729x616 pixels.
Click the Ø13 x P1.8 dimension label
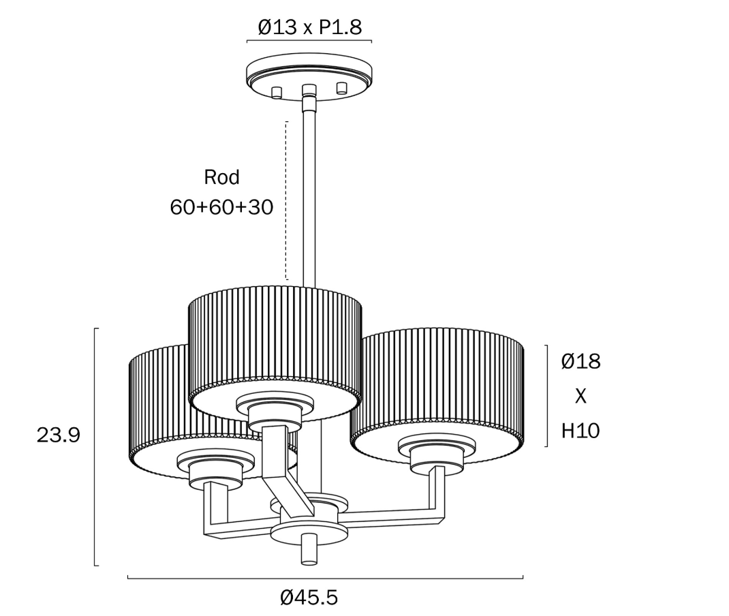tap(309, 27)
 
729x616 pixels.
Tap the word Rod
tap(222, 177)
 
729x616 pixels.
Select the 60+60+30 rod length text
tap(221, 207)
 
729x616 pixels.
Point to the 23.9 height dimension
tap(59, 435)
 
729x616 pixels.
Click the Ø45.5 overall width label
tap(309, 598)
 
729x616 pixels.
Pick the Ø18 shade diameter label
tap(580, 361)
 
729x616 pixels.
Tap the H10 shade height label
tap(580, 431)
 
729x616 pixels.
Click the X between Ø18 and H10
tap(580, 397)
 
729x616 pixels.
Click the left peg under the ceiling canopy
tap(277, 92)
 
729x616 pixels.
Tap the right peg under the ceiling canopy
tap(342, 89)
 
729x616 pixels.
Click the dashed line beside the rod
tap(286, 200)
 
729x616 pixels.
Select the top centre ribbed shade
tap(275, 354)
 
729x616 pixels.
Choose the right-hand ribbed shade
tap(437, 395)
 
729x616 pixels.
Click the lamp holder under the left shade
tap(216, 470)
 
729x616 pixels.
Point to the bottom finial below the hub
tap(309, 549)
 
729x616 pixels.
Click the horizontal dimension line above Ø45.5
tap(326, 579)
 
